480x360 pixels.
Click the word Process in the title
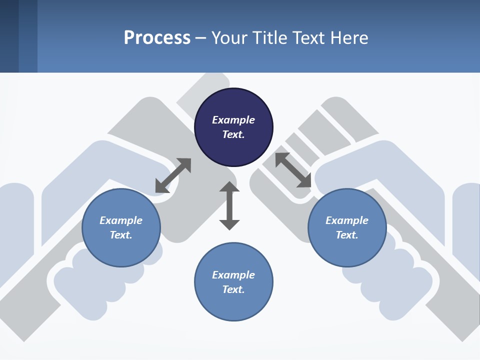click(x=157, y=38)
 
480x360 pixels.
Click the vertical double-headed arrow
click(x=229, y=206)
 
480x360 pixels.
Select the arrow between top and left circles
click(x=173, y=175)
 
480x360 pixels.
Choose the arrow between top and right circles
click(x=293, y=170)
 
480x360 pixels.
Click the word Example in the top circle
click(x=233, y=120)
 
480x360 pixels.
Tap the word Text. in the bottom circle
click(x=233, y=289)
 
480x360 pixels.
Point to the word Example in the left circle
click(x=121, y=220)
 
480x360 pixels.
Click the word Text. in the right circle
click(x=347, y=235)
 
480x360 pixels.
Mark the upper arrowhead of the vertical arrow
click(x=229, y=186)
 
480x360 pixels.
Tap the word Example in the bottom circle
click(x=233, y=275)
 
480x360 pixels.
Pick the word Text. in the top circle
click(x=233, y=134)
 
